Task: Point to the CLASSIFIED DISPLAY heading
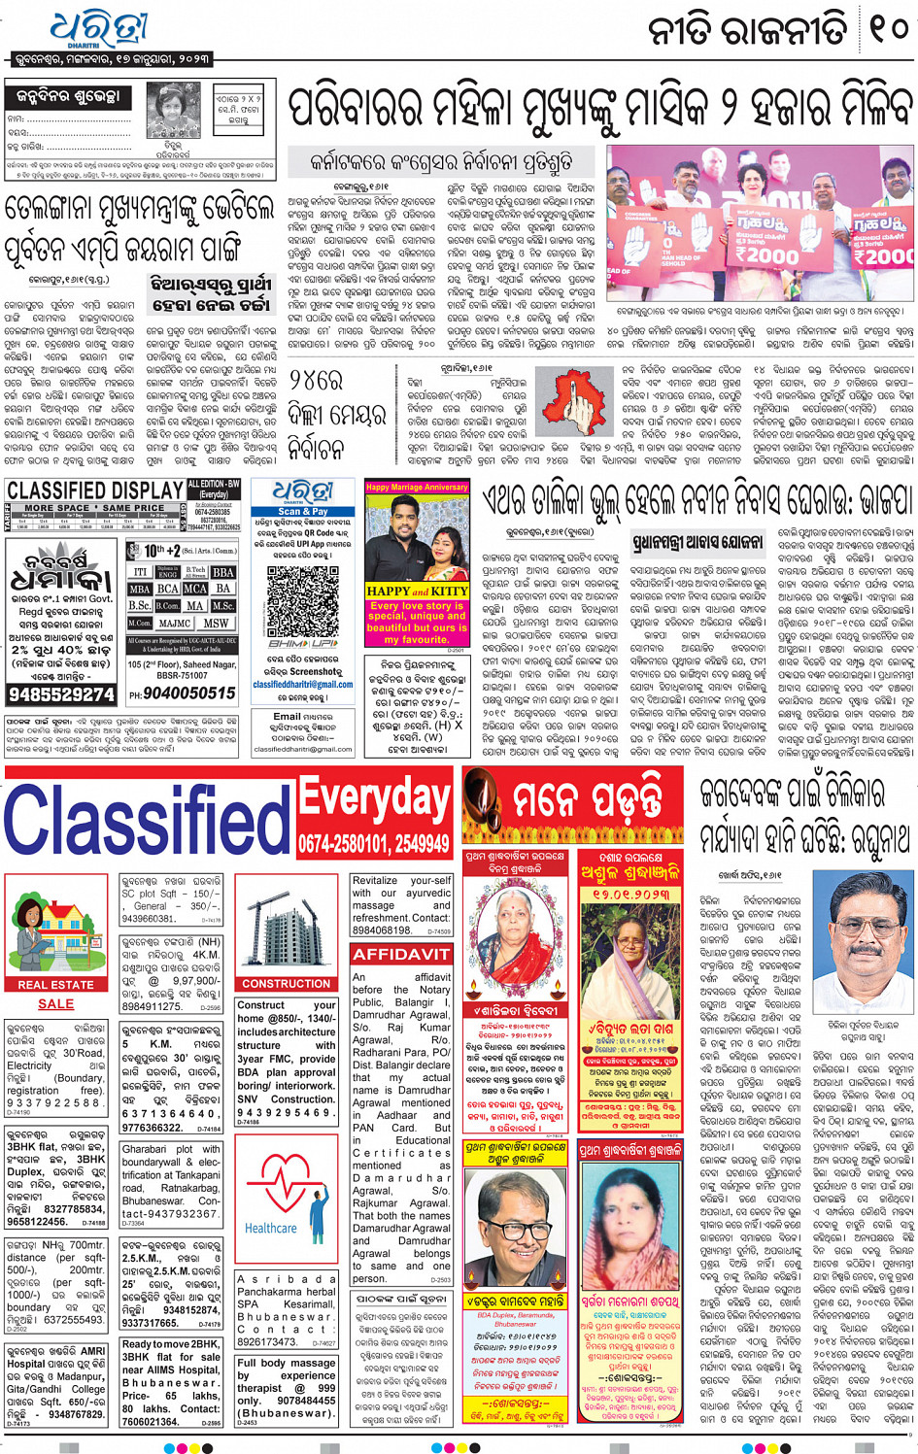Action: [94, 490]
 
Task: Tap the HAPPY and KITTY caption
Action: [417, 591]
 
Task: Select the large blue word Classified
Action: [146, 818]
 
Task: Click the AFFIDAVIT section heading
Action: [401, 954]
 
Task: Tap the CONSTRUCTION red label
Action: [286, 983]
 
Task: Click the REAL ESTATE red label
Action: [55, 984]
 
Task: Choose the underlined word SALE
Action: [55, 1003]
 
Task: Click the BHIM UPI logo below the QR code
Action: [302, 644]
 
